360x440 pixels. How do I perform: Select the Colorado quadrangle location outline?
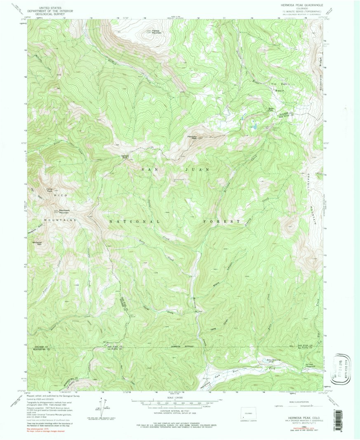(249, 412)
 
